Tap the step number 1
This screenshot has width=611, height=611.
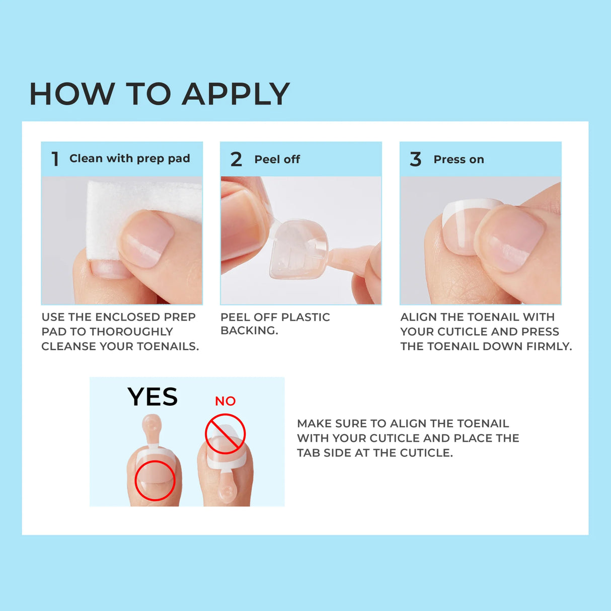55,159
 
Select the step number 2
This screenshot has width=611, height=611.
236,160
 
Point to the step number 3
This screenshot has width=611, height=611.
415,160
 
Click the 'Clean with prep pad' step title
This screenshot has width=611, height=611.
129,159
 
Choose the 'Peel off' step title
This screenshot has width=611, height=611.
277,160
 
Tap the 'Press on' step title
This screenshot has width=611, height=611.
459,160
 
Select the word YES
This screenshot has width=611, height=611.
152,397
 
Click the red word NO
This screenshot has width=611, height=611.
225,401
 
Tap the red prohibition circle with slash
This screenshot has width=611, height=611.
225,434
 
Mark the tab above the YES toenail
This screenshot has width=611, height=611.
151,428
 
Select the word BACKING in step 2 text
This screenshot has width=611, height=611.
249,331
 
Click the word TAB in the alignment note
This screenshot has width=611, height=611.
308,453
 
